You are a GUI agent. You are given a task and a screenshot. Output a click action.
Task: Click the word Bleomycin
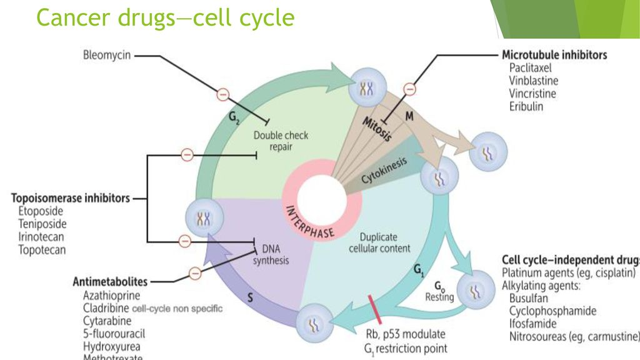point(107,55)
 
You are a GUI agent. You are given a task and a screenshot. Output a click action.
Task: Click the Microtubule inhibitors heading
point(554,55)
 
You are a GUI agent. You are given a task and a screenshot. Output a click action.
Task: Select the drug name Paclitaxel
point(530,68)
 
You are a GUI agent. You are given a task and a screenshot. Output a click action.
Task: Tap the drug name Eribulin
point(526,106)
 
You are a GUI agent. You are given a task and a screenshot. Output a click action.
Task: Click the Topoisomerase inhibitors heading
point(71,198)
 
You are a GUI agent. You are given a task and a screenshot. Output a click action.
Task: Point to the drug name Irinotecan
point(41,237)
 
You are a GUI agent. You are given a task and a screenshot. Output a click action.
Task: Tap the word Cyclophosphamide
point(552,311)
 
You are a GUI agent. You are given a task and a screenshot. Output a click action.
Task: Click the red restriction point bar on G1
point(380,307)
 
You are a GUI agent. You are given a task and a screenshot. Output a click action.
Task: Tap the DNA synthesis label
point(271,254)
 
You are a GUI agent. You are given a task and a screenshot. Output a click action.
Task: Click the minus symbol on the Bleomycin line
point(222,94)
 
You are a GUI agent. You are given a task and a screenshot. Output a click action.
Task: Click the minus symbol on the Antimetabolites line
point(195,272)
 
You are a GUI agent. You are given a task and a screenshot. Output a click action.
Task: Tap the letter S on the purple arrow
point(250,299)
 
